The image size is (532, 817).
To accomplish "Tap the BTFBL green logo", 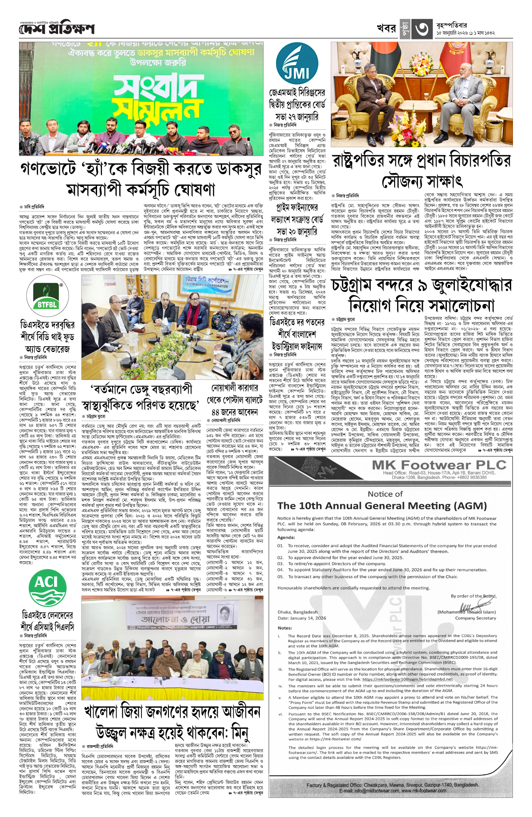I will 47,296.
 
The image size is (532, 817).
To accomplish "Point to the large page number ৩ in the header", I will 422,29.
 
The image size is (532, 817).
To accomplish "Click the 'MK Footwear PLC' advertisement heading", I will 439,465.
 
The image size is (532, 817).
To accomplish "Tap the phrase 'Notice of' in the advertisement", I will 385,494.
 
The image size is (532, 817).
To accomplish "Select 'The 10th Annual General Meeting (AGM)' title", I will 382,506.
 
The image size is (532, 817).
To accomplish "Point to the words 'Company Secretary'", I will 475,618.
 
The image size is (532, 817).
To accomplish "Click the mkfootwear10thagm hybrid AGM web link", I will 407,679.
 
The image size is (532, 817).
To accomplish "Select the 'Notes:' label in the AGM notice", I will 285,628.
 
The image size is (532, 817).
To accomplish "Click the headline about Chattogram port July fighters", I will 422,295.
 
